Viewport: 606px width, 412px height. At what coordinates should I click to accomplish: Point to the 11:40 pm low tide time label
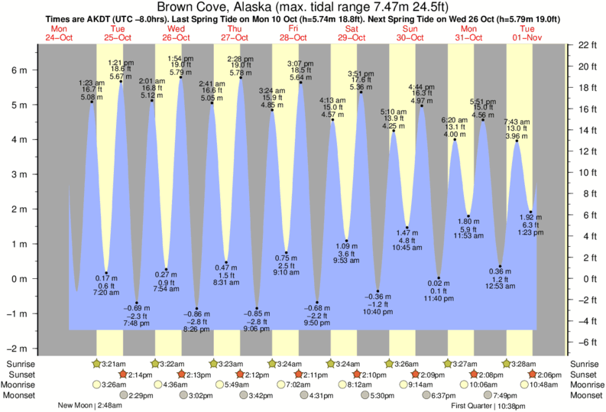[x=439, y=299]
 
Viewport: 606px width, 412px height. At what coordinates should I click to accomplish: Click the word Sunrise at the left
[x=19, y=363]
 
